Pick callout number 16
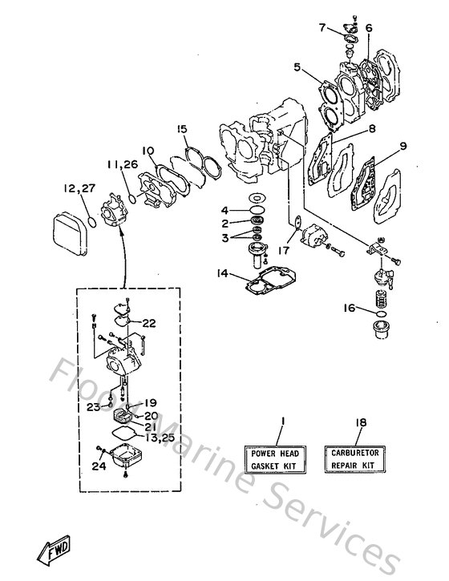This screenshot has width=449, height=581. pos(350,308)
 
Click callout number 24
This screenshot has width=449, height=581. pos(98,466)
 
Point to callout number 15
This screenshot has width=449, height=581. pos(181,129)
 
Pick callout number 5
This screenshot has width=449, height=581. pos(297,69)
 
